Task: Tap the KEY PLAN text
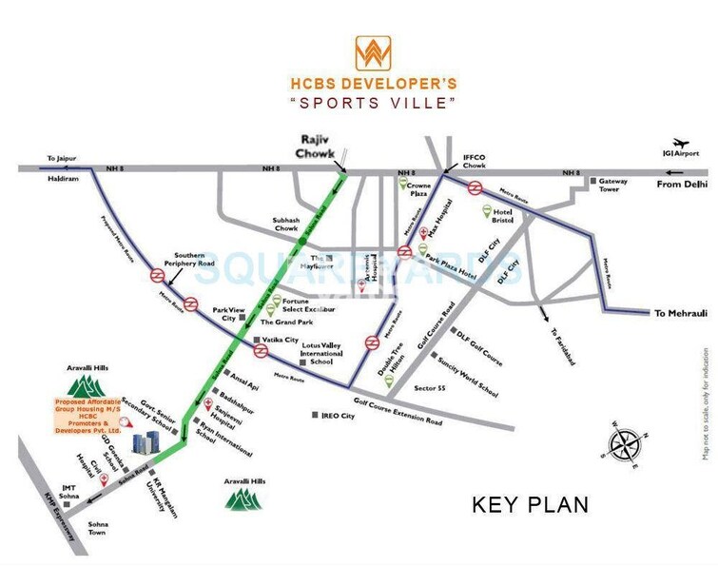[531, 504]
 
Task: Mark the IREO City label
[339, 416]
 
